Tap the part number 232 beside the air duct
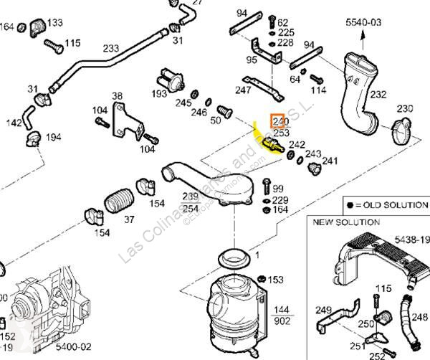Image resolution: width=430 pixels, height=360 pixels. point(378,94)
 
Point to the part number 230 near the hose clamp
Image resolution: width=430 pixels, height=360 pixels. point(406,109)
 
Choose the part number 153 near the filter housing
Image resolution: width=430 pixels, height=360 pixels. point(276,280)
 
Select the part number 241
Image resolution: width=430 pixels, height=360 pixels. point(329,161)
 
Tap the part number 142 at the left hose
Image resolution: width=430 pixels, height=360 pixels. point(14,123)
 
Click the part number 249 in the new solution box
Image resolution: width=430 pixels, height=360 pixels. point(324,310)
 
